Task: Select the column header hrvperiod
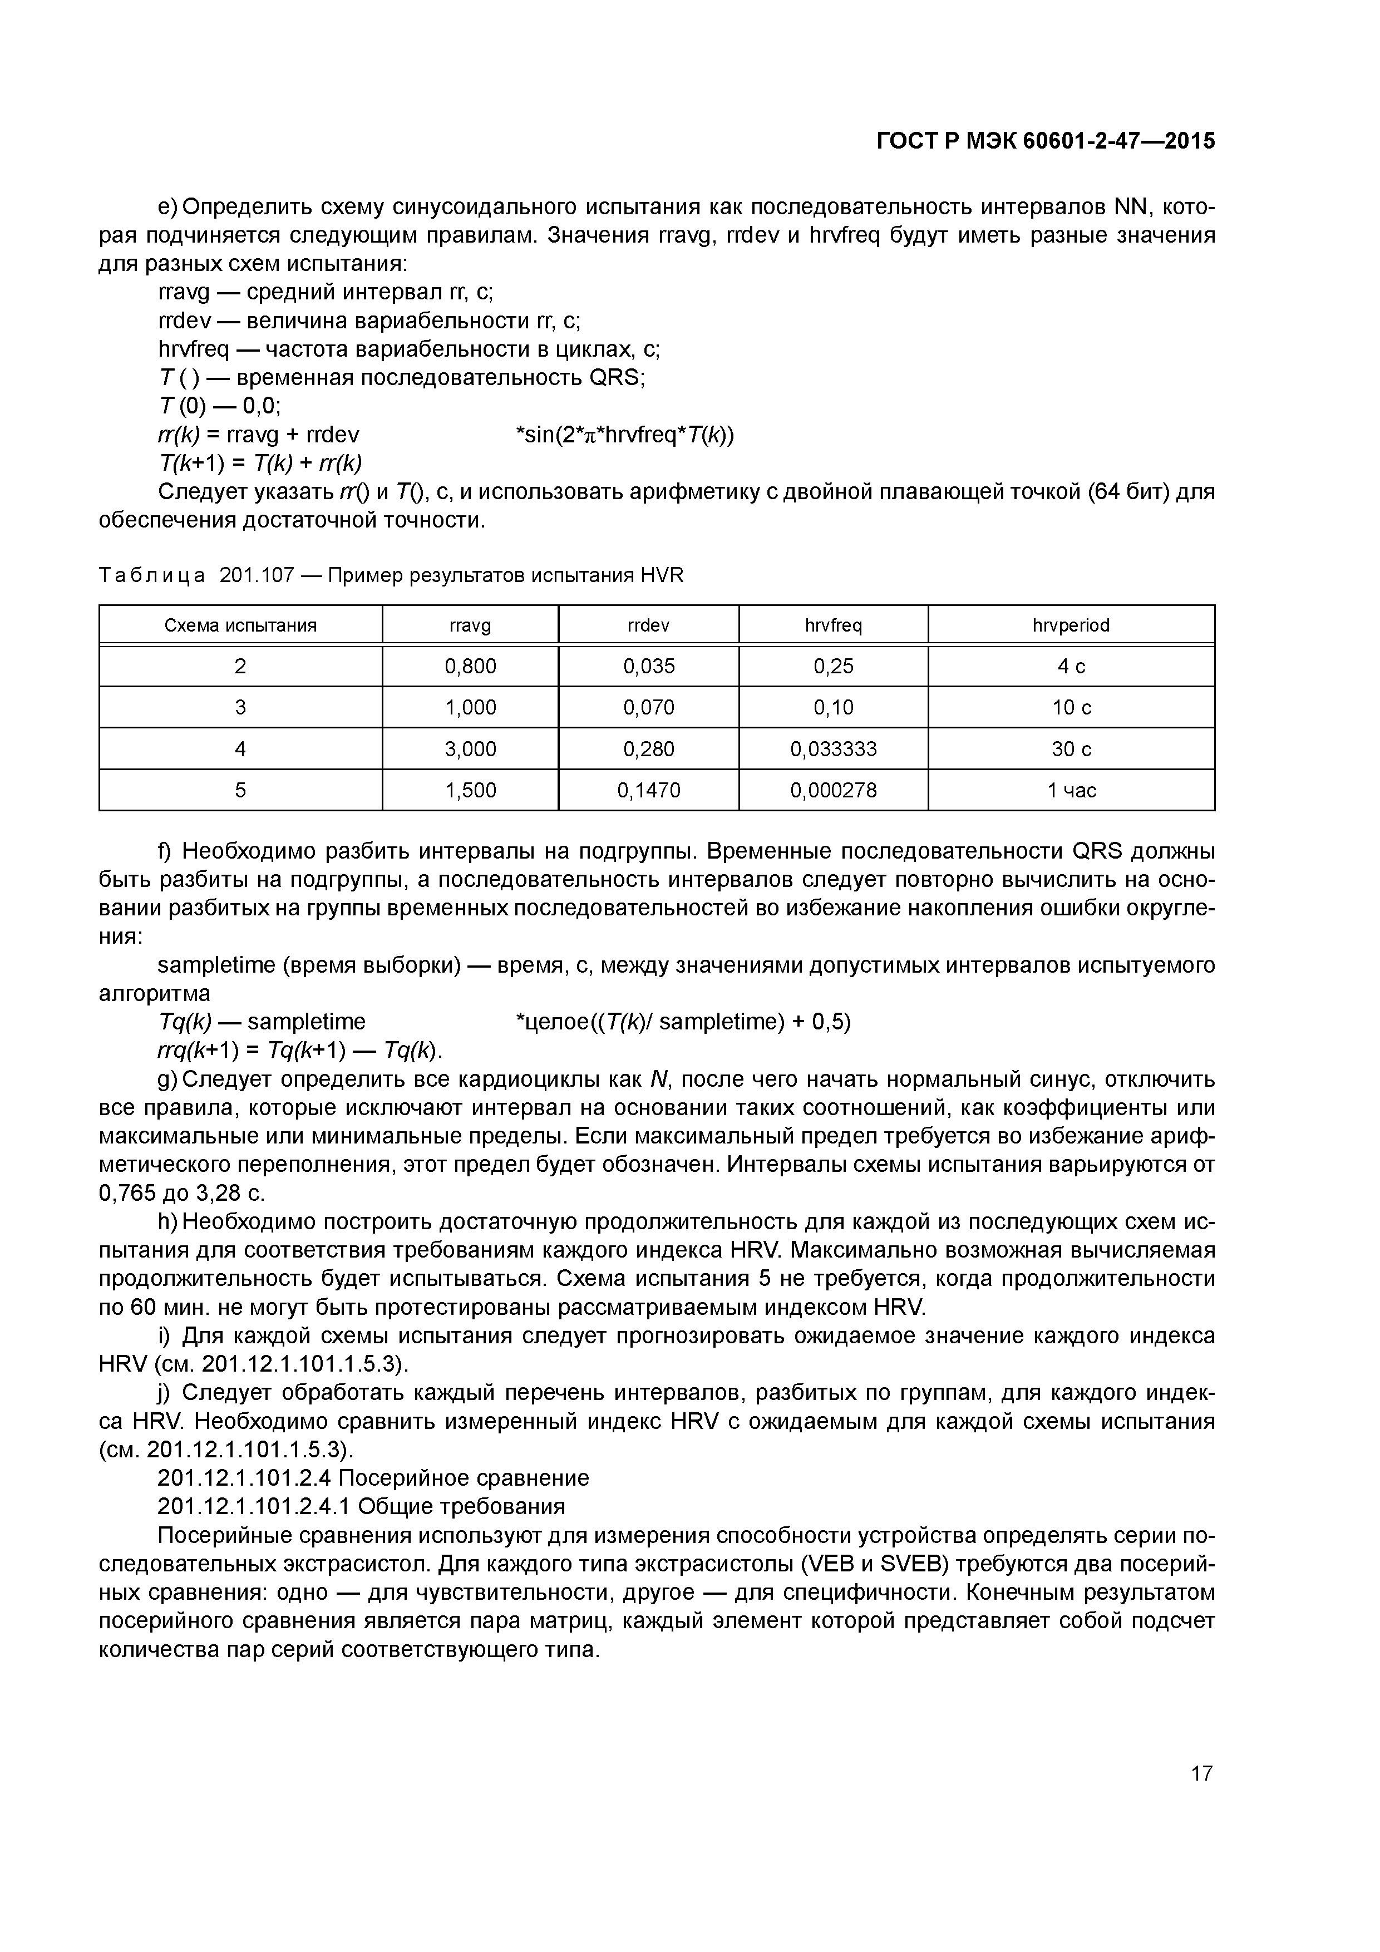coord(1071,626)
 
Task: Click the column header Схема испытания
coord(240,626)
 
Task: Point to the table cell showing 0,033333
coord(833,749)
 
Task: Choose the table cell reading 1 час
coord(1071,791)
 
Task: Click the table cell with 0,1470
coord(649,791)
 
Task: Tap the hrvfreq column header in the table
coord(833,626)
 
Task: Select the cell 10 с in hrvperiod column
coord(1071,707)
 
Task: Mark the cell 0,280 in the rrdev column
coord(649,749)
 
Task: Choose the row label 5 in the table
coord(240,791)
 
